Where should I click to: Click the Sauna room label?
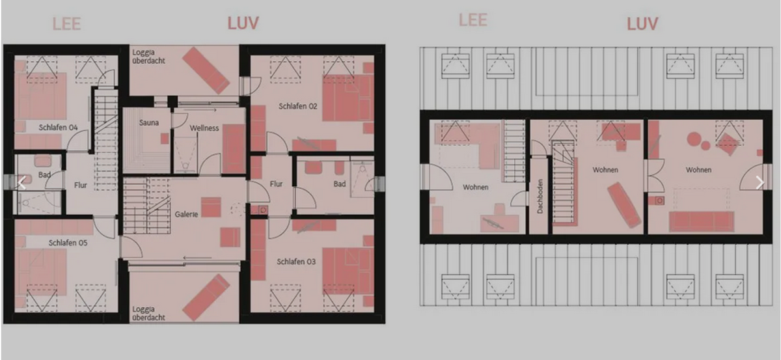tap(149, 123)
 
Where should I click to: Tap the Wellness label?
tap(204, 128)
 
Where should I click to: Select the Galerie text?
tap(186, 214)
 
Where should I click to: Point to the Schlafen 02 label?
tap(298, 106)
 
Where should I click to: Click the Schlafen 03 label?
tap(296, 261)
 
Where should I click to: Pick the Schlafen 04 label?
tap(58, 128)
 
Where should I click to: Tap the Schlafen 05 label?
tap(68, 242)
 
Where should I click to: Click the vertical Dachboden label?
tap(540, 197)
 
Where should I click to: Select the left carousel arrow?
tap(22, 182)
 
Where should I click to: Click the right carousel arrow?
tap(760, 182)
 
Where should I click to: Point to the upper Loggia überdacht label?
tap(148, 57)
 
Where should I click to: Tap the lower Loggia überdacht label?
tap(148, 313)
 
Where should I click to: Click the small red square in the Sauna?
tap(165, 139)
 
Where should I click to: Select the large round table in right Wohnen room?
tap(694, 139)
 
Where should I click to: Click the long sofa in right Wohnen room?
tap(702, 221)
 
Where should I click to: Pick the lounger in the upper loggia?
tap(206, 70)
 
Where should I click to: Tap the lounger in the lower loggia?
tap(206, 298)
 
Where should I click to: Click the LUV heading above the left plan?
tap(243, 23)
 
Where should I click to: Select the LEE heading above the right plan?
tap(473, 20)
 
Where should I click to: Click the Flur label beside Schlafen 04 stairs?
tap(81, 186)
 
